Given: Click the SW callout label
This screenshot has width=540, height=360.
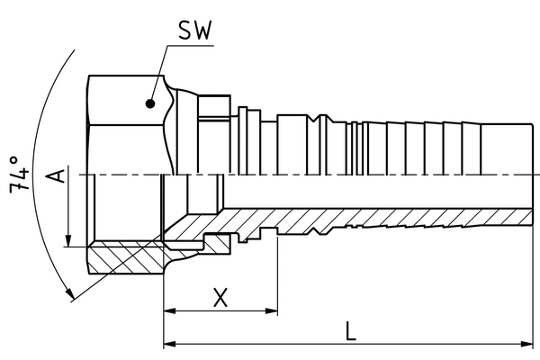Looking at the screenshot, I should tap(194, 31).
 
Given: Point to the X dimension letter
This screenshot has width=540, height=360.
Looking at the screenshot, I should tap(220, 297).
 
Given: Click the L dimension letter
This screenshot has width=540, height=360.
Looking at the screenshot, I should tap(351, 329).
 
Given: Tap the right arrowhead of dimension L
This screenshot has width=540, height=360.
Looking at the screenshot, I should tap(527, 344).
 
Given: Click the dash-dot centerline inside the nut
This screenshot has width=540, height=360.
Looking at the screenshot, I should tap(126, 175).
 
